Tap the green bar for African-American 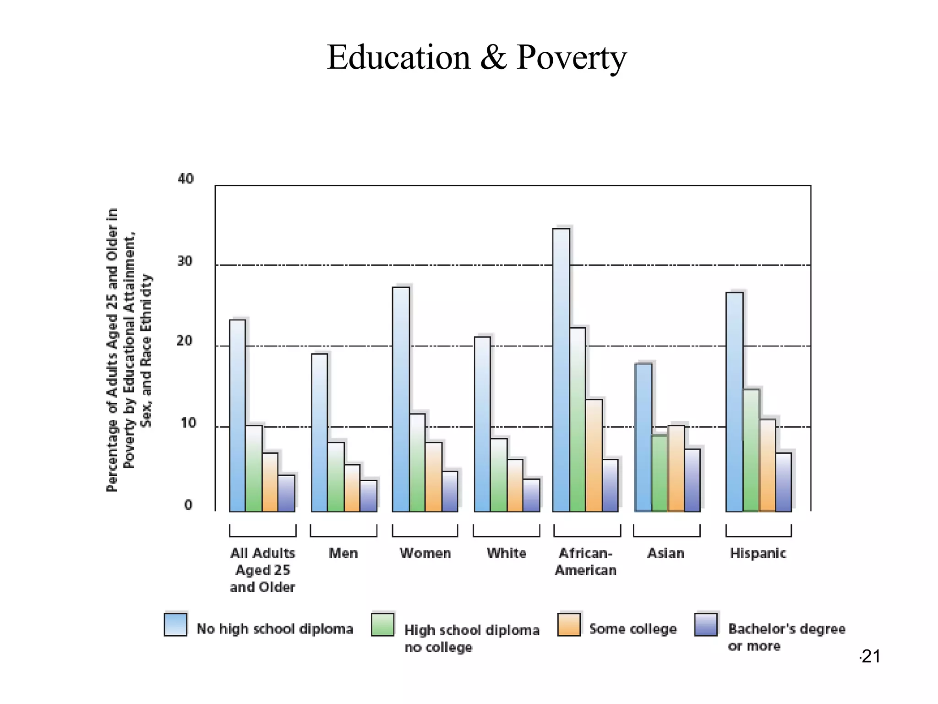[x=578, y=419]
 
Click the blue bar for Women [x=401, y=399]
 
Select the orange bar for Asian [x=676, y=468]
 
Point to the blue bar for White [x=482, y=424]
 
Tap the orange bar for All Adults [x=270, y=482]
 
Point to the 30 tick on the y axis [x=185, y=261]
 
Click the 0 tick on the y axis [x=188, y=505]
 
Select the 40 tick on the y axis [x=185, y=178]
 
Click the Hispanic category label [x=758, y=553]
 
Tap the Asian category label [x=665, y=553]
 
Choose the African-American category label [x=585, y=561]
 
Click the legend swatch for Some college [x=569, y=624]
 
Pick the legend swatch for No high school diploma [x=175, y=624]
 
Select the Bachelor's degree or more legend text [x=786, y=637]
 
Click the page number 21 [x=870, y=656]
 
